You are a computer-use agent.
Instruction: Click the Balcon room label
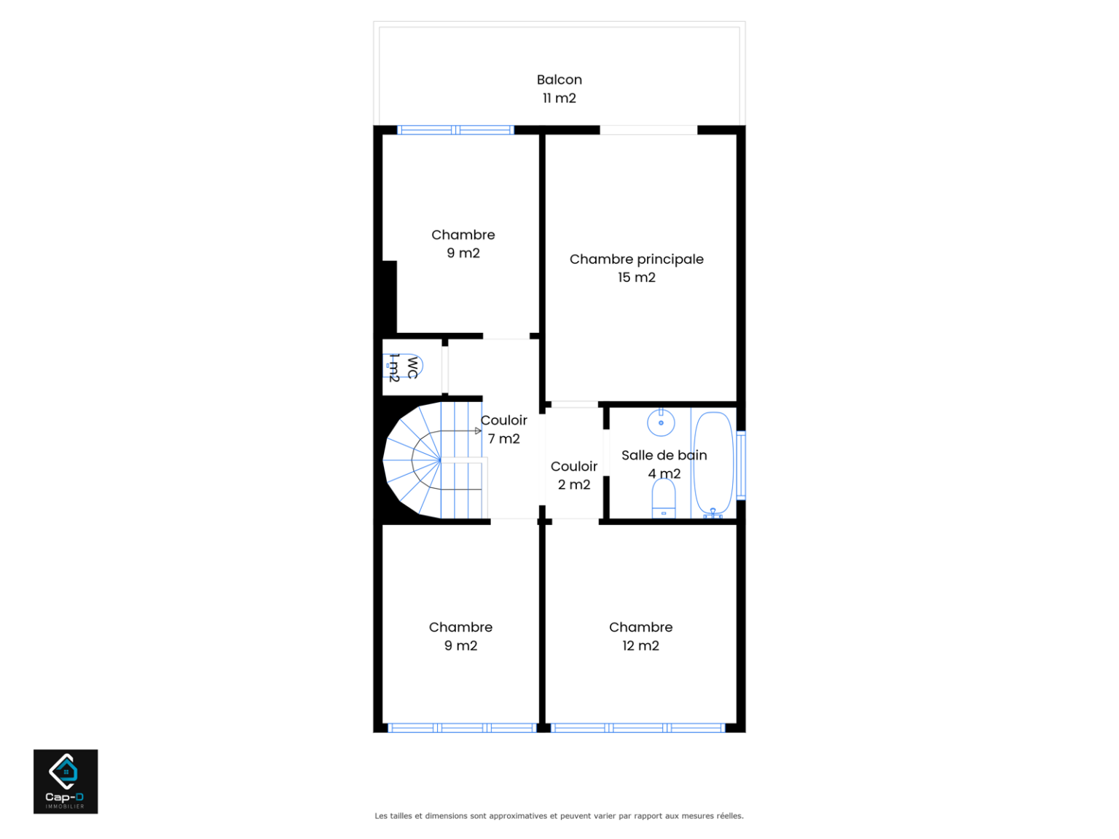[x=559, y=79]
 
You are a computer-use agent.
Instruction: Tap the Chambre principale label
[x=636, y=259]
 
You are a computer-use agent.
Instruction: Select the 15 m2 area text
[x=636, y=277]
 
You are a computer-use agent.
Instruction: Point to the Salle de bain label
[x=664, y=455]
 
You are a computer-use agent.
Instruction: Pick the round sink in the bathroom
[x=661, y=422]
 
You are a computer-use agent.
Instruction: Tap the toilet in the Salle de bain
[x=663, y=498]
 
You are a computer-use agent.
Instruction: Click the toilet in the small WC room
[x=402, y=366]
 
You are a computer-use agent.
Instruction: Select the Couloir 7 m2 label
[x=503, y=430]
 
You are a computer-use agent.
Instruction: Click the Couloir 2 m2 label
[x=573, y=476]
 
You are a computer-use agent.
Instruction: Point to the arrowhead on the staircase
[x=478, y=431]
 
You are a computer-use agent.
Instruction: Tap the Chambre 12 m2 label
[x=640, y=637]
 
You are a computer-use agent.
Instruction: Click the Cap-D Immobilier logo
[x=66, y=781]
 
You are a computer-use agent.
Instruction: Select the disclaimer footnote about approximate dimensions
[x=559, y=816]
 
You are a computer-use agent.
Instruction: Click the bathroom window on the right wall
[x=741, y=465]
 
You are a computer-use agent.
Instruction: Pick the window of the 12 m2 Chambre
[x=637, y=728]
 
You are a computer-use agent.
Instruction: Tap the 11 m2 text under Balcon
[x=559, y=98]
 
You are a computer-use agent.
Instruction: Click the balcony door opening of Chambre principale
[x=648, y=130]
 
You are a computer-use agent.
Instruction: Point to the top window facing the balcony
[x=455, y=130]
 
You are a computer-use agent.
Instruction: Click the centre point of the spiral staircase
[x=441, y=460]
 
